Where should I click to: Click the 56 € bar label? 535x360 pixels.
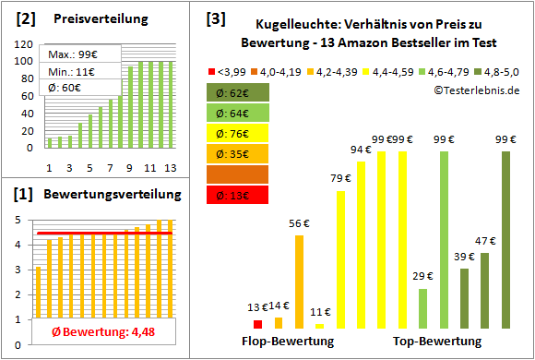click(299, 222)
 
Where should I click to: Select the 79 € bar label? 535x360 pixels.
click(341, 179)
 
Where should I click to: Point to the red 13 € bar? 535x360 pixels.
click(257, 324)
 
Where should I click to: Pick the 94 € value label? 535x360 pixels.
click(362, 150)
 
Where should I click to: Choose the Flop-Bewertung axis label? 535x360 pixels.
click(288, 342)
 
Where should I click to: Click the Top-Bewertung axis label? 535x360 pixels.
click(437, 342)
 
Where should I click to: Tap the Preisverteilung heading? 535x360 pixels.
click(91, 18)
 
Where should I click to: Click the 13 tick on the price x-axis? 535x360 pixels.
click(169, 167)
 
